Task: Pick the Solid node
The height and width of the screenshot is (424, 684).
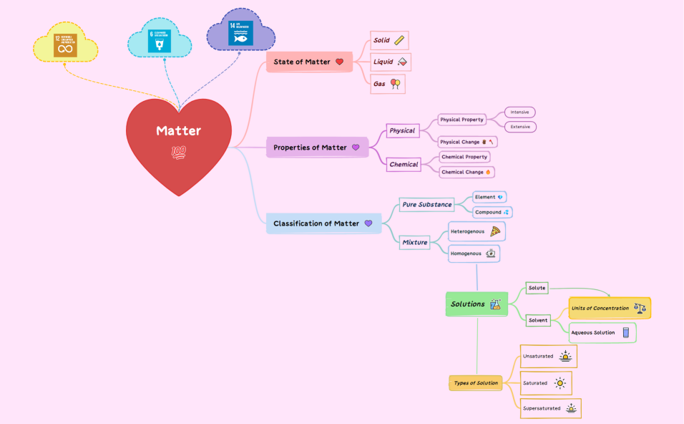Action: pos(389,40)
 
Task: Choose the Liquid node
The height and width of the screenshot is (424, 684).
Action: pos(390,62)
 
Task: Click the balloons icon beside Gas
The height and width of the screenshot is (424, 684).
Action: pos(395,84)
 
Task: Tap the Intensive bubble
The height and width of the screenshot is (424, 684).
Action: pos(520,112)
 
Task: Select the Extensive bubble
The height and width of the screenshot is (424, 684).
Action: pos(520,127)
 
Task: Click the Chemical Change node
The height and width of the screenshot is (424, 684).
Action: pos(467,172)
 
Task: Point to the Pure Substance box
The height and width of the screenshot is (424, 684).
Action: pos(426,205)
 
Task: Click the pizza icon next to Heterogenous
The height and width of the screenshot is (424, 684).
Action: pos(495,231)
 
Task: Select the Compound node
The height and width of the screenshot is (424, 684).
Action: pos(492,212)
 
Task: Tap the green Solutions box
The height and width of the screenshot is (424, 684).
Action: pos(477,304)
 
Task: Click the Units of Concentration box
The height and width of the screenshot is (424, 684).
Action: pos(610,309)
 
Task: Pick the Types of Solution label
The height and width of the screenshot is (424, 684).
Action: pos(476,383)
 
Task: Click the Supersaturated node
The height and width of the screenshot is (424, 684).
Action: pos(550,408)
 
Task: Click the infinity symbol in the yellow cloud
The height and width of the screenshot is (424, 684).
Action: pos(65,49)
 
